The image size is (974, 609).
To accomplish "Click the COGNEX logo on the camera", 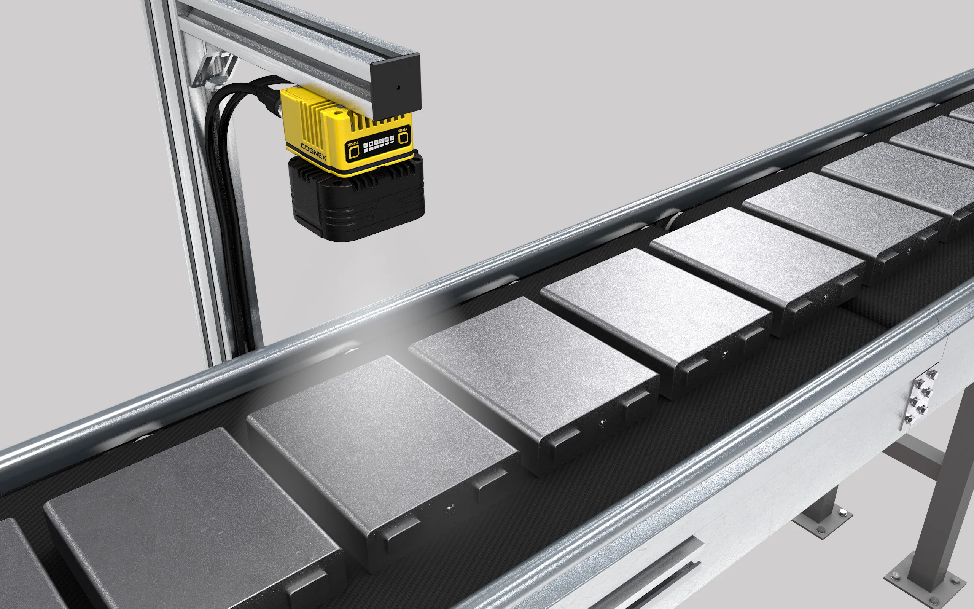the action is coord(313,151).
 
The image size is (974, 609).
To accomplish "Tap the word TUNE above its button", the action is coord(353,144).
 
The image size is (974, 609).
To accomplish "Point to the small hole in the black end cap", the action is coord(398,88).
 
